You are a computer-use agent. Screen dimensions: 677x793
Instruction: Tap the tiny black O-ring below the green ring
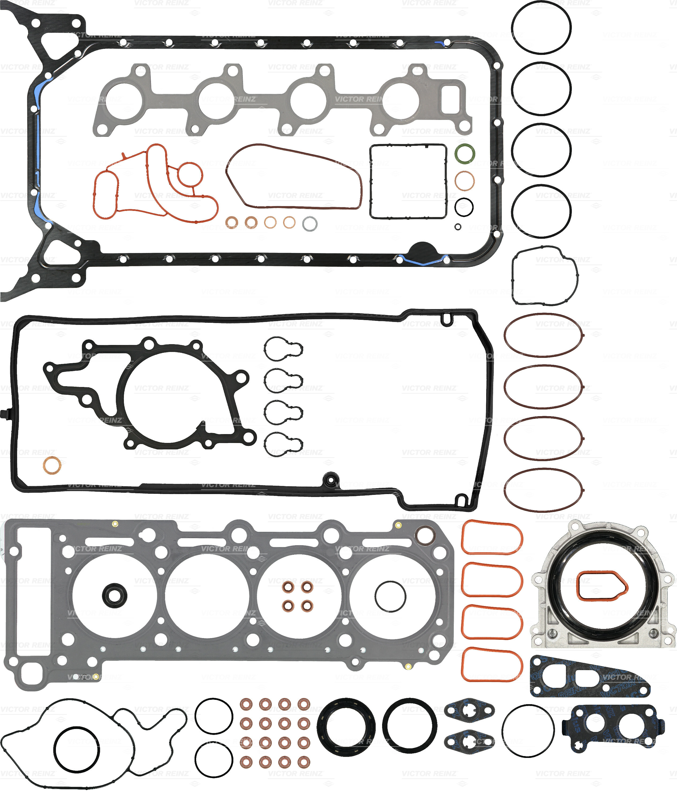pyautogui.click(x=458, y=227)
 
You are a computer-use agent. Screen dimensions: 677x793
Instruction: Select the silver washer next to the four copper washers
pyautogui.click(x=310, y=223)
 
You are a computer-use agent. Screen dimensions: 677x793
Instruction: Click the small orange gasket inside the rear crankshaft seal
pyautogui.click(x=602, y=586)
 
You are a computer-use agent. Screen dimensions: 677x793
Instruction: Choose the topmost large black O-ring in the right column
pyautogui.click(x=541, y=28)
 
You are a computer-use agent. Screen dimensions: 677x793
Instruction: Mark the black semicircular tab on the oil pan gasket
pyautogui.click(x=423, y=249)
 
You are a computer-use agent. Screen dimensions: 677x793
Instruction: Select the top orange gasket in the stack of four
pyautogui.click(x=492, y=537)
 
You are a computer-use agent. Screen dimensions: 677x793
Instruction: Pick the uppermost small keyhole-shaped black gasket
pyautogui.click(x=283, y=349)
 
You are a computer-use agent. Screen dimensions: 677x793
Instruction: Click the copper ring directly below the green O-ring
pyautogui.click(x=465, y=181)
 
